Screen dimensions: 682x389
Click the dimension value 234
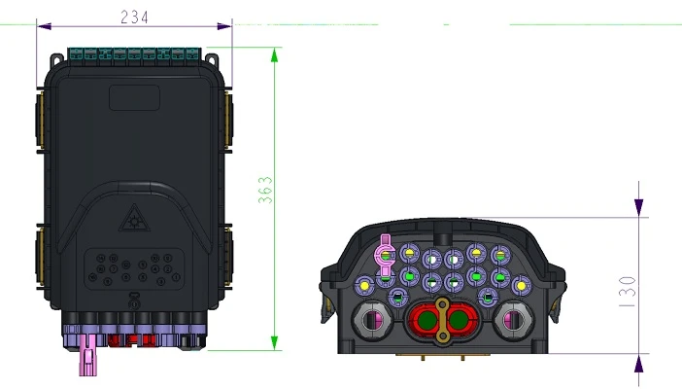(x=134, y=17)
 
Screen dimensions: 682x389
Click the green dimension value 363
(x=265, y=190)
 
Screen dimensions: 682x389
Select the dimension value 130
(x=628, y=292)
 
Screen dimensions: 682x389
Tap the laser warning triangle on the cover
(x=134, y=218)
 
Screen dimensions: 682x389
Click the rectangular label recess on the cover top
(x=134, y=97)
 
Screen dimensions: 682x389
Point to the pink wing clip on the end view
(x=385, y=256)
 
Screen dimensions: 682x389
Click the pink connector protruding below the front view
(x=88, y=355)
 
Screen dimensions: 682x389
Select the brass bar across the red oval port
(x=442, y=320)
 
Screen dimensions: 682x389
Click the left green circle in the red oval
(x=426, y=320)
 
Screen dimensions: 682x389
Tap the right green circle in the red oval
(x=459, y=320)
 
